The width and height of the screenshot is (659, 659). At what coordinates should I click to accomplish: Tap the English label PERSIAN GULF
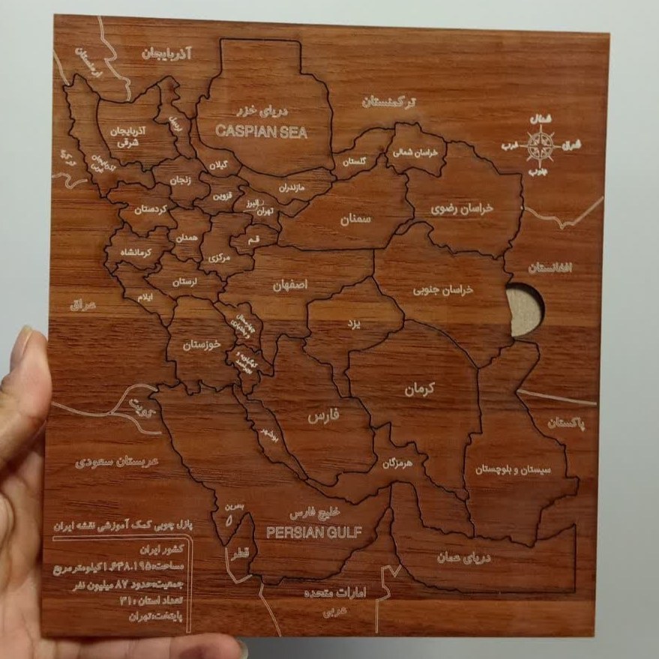tap(314, 532)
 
